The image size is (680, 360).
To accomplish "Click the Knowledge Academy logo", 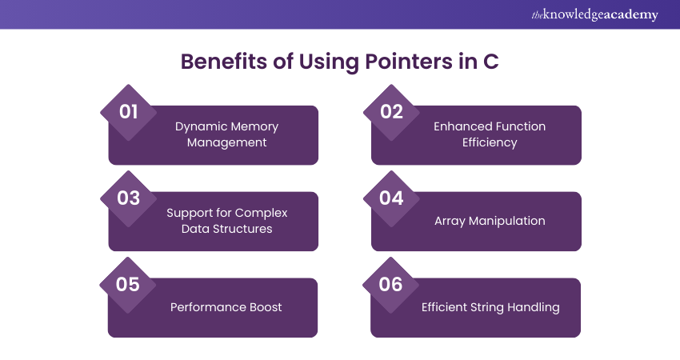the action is coord(594,14).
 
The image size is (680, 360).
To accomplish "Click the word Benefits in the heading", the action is coord(224,61).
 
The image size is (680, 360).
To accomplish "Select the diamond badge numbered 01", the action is coord(128,112).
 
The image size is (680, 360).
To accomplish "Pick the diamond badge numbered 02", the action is coord(392,112).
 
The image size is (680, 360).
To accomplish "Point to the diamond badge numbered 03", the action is coord(128,198).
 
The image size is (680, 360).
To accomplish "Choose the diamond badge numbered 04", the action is coord(392,198).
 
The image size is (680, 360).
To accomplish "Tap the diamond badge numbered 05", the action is coord(127,285).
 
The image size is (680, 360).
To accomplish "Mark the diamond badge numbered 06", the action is coord(390,285).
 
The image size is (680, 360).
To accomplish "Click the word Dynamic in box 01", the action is coord(198,127).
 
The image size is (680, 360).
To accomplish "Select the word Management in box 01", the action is coord(227,142).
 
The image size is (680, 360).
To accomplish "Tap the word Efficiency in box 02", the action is coord(490,142).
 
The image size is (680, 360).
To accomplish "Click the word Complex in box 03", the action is coord(261,214).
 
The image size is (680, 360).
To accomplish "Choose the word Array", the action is coord(450,222).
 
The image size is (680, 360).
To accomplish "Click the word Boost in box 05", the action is coord(266,307).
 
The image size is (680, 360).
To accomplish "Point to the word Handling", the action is coord(534,307).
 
